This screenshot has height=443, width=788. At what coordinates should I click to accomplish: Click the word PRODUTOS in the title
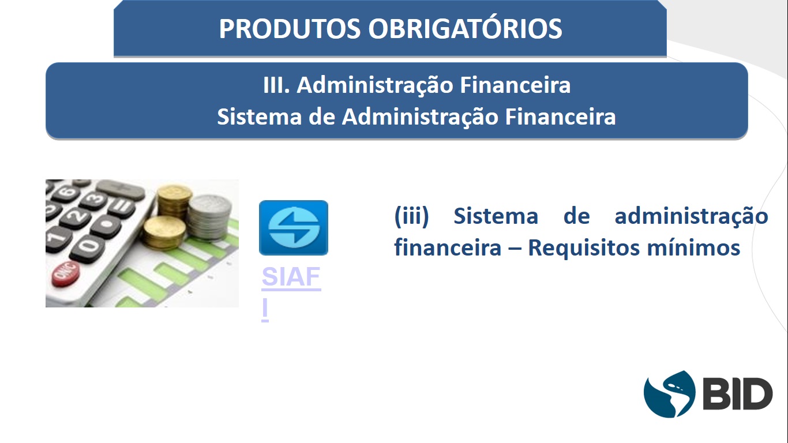tap(290, 28)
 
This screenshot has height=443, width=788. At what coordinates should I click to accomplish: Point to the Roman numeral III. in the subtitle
tap(276, 85)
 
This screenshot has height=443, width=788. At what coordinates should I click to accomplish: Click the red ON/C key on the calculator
tap(66, 273)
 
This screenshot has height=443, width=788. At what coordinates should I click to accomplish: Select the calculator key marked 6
tap(66, 192)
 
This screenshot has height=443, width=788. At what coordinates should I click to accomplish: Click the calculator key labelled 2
tap(75, 216)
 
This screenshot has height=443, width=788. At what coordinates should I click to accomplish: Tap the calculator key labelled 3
tap(94, 199)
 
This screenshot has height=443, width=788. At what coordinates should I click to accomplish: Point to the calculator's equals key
tap(121, 207)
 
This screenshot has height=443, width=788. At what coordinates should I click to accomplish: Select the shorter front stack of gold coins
tap(164, 232)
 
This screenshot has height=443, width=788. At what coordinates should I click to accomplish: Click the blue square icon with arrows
tap(294, 228)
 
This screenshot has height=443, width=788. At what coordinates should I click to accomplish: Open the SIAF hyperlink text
tap(291, 276)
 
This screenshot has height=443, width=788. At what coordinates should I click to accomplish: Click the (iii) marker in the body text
tap(411, 216)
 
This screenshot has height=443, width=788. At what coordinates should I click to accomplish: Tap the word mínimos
tap(693, 247)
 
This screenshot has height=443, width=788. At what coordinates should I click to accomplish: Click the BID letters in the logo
tap(737, 394)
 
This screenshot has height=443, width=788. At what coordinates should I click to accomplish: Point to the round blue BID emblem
tap(669, 394)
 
